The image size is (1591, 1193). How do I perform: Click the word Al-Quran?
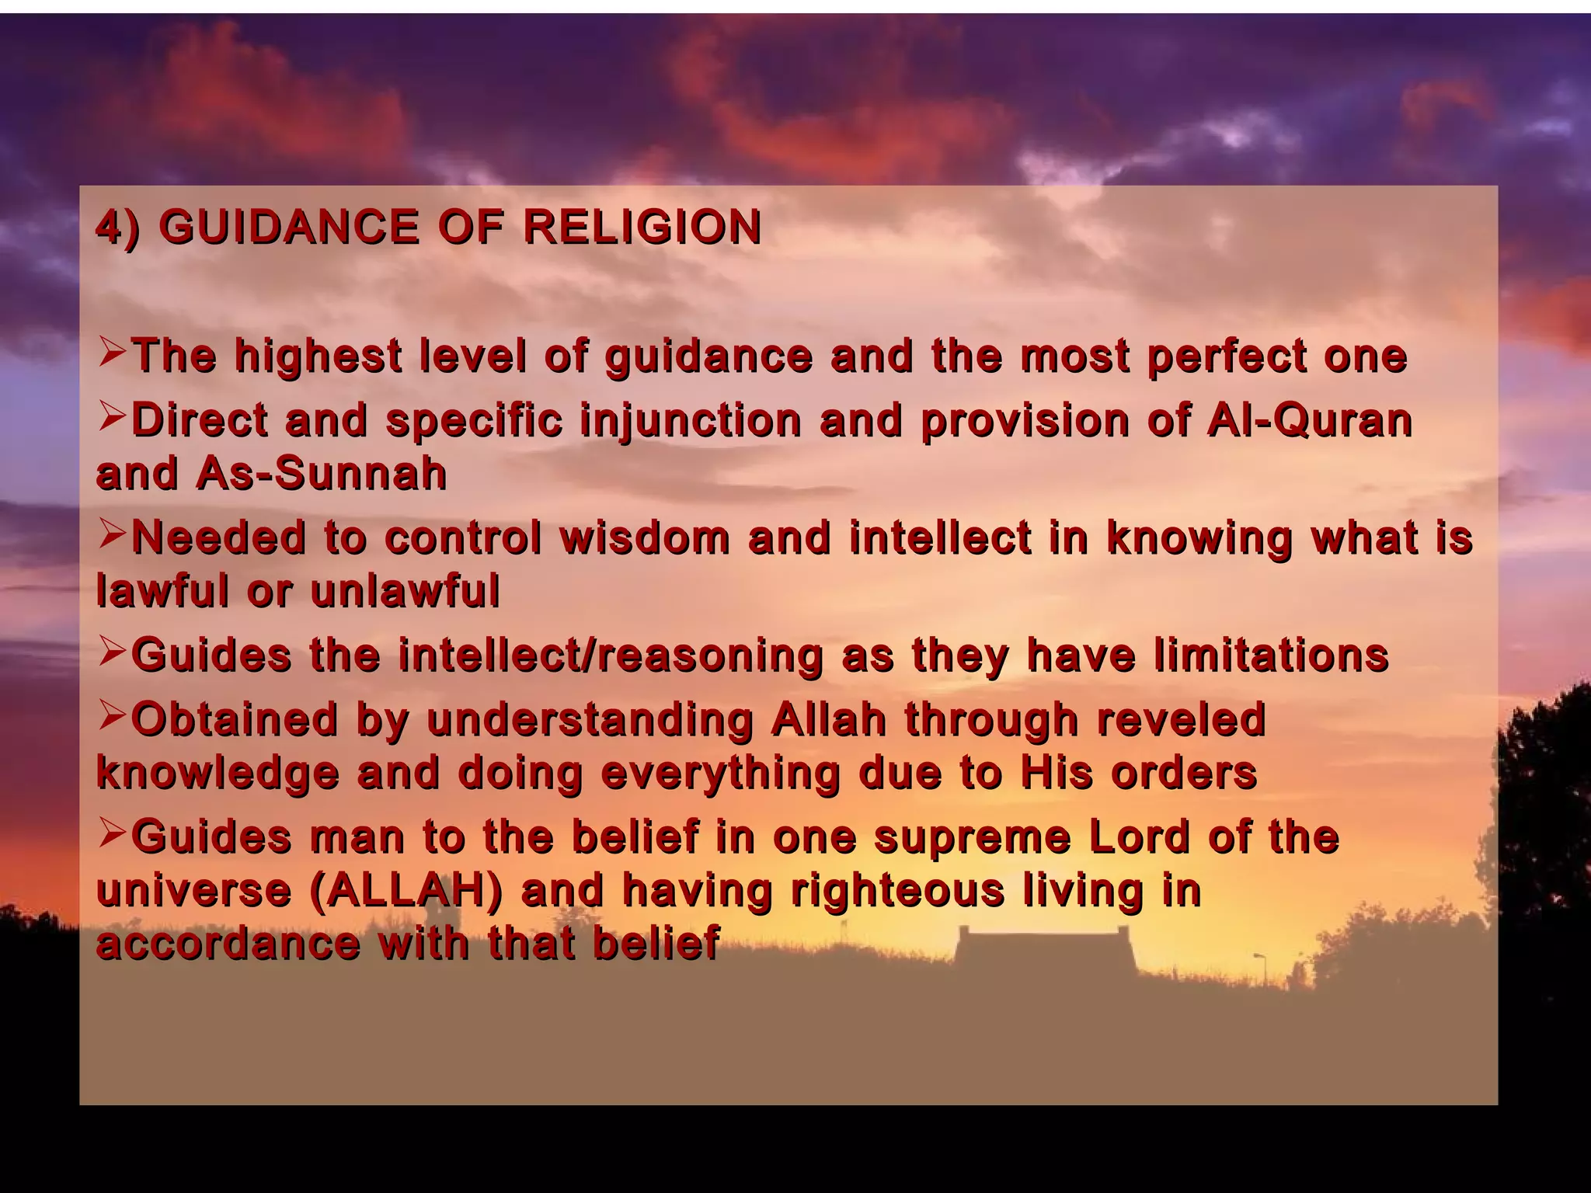[x=1309, y=420]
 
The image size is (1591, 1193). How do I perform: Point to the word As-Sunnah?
[x=322, y=473]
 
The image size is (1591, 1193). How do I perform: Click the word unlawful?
[x=405, y=591]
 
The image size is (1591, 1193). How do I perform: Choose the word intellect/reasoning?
[x=611, y=655]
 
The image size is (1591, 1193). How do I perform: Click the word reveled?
[x=1182, y=718]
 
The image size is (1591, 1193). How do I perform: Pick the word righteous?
[x=898, y=890]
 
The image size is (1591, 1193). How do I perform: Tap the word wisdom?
[x=645, y=537]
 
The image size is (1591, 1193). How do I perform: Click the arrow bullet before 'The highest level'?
[x=113, y=353]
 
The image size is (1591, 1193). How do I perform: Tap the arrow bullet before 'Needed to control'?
[x=113, y=534]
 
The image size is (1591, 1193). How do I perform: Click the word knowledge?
[x=218, y=774]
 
